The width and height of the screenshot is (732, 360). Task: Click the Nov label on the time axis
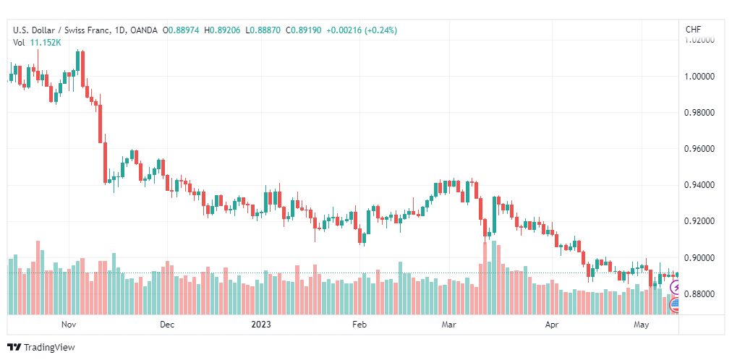pyautogui.click(x=69, y=325)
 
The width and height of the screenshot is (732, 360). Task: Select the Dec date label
pyautogui.click(x=166, y=325)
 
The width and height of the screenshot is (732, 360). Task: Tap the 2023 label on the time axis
pyautogui.click(x=261, y=325)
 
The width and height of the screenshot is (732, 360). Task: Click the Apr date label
pyautogui.click(x=553, y=325)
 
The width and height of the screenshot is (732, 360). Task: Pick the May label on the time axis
pyautogui.click(x=642, y=325)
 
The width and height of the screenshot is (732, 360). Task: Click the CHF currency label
pyautogui.click(x=693, y=30)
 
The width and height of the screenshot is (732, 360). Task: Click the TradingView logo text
pyautogui.click(x=49, y=348)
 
